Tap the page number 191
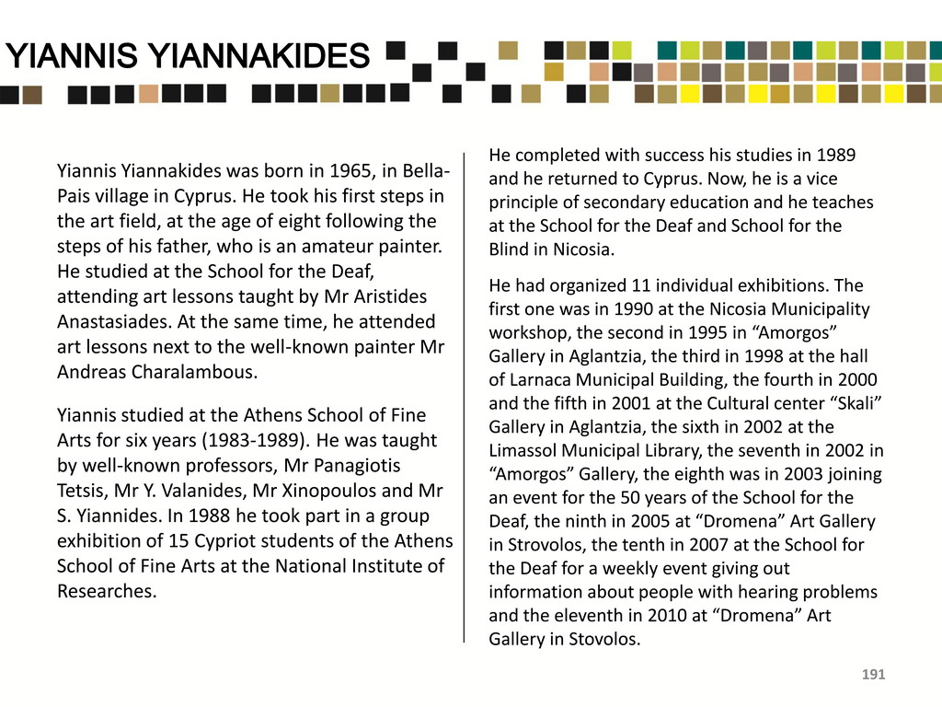873,676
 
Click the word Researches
107,591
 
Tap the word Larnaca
545,380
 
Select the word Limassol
523,451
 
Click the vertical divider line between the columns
465,396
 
